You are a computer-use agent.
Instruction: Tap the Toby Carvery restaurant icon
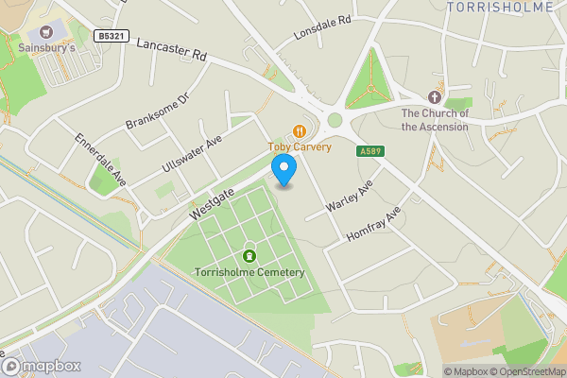tap(300, 131)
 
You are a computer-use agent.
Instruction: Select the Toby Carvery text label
tap(300, 147)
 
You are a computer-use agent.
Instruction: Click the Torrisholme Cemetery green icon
tap(250, 255)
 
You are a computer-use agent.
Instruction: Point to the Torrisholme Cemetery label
tap(249, 272)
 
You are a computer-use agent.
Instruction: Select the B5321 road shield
tap(111, 36)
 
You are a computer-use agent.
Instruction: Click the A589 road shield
tap(369, 151)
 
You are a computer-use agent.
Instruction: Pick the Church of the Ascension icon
tap(434, 97)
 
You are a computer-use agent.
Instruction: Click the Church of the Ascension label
tap(434, 120)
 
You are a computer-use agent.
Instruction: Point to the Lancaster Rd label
tap(171, 50)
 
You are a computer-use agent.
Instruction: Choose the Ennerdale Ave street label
tap(101, 159)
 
